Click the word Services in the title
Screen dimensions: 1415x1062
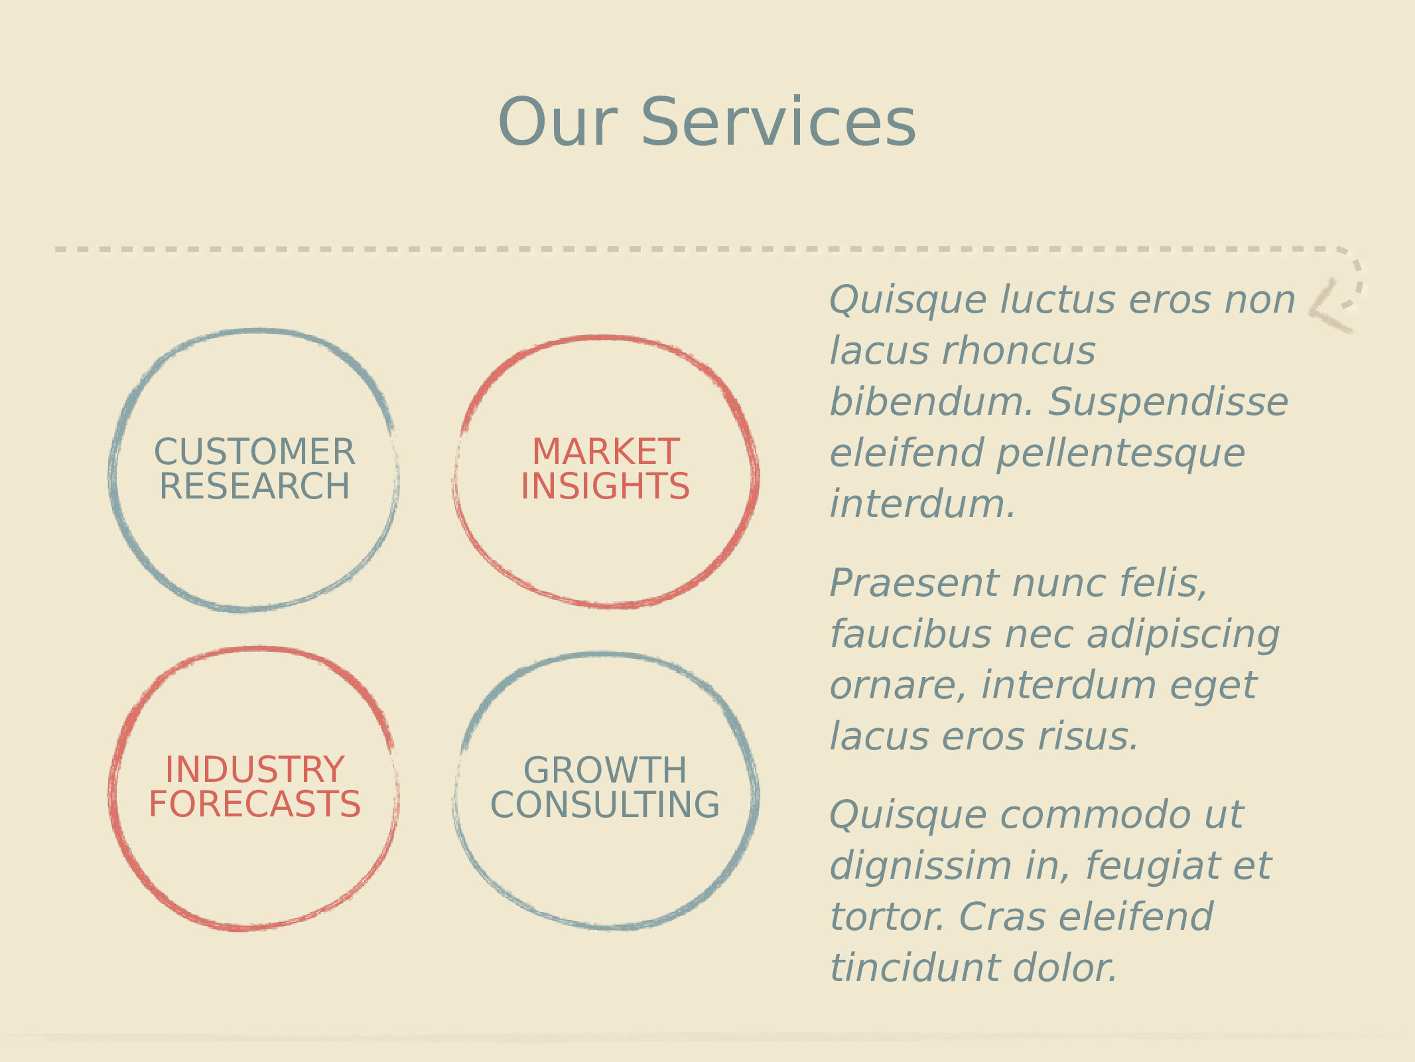[778, 123]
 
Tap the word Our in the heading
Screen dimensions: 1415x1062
[558, 123]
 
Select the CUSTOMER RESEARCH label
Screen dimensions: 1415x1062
[255, 469]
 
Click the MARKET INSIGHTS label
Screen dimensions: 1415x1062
[606, 469]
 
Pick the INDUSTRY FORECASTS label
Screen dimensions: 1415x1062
[255, 787]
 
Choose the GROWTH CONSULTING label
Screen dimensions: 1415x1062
[605, 787]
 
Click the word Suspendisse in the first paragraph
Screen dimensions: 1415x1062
[1168, 402]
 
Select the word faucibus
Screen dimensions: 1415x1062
[910, 635]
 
